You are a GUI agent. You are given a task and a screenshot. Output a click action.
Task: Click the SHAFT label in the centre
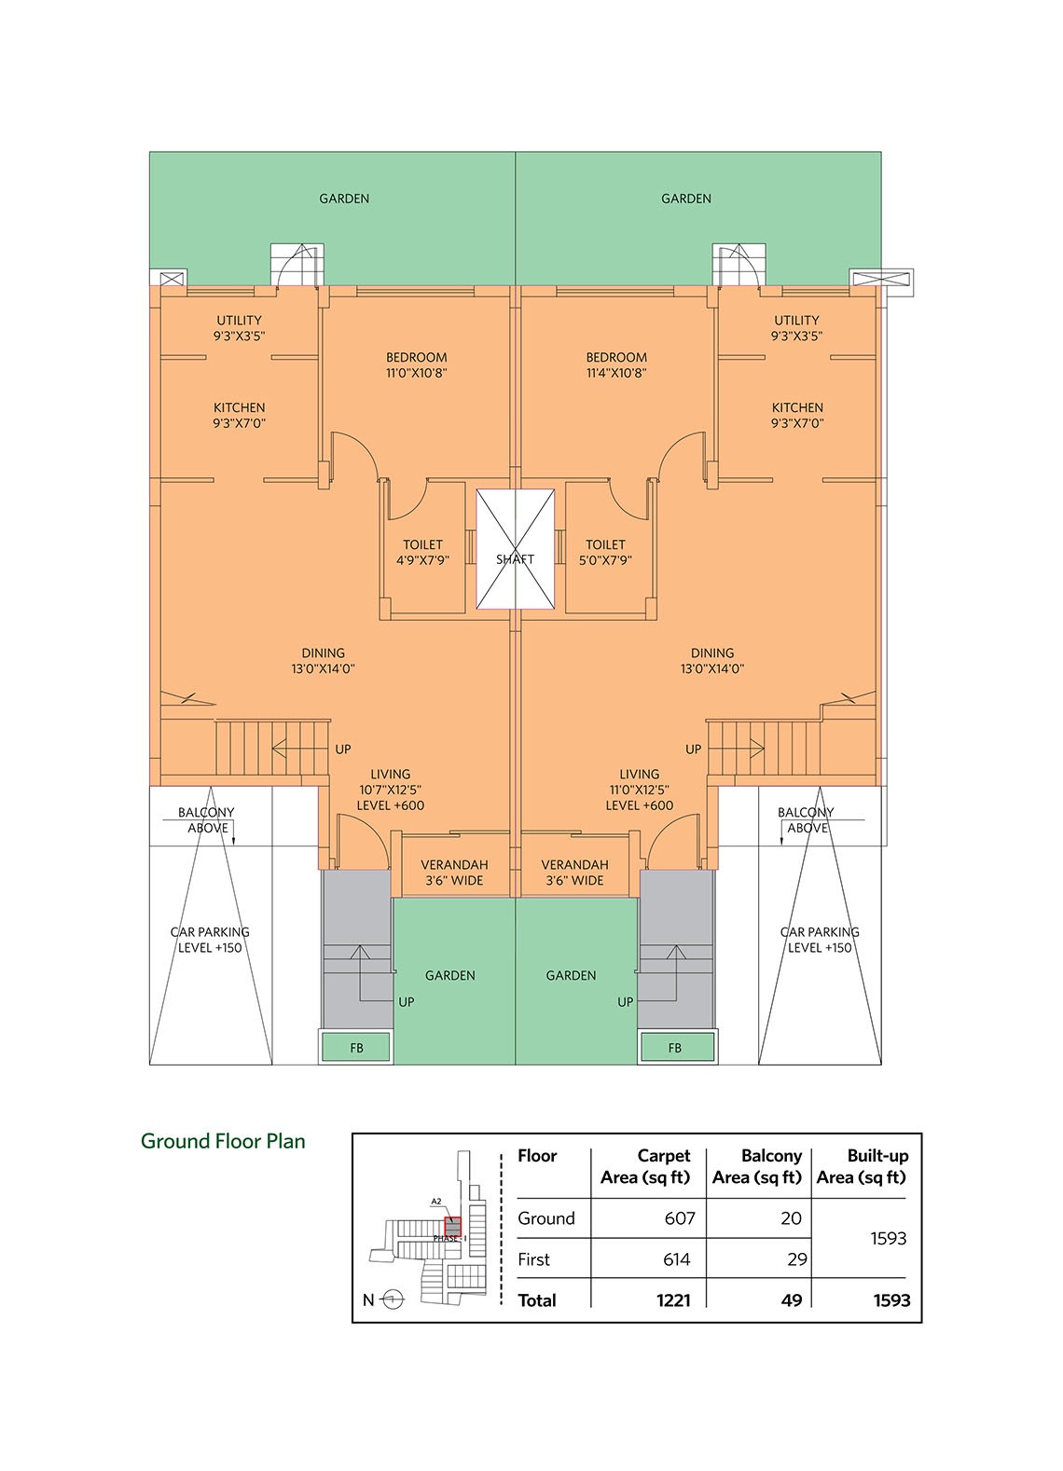(515, 559)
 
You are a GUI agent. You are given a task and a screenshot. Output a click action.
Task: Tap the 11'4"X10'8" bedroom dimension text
(616, 374)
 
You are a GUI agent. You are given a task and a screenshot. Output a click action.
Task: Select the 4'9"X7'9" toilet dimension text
(422, 561)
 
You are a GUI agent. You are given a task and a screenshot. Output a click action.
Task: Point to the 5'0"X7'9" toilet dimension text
(605, 561)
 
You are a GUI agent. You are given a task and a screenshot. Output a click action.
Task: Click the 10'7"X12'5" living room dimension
(391, 790)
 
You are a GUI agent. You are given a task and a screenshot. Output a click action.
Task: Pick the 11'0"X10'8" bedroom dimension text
(417, 374)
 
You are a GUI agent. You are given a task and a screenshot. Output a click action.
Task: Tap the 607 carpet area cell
(680, 1218)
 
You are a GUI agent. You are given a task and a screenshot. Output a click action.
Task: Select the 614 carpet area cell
(677, 1259)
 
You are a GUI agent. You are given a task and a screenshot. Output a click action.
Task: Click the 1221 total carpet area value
(673, 1300)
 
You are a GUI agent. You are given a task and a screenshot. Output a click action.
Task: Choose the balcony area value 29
(797, 1259)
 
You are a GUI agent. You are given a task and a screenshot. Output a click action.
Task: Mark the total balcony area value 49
(792, 1300)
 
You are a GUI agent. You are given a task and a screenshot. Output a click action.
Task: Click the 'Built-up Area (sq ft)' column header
(862, 1167)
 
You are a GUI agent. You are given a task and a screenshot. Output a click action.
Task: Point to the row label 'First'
(533, 1259)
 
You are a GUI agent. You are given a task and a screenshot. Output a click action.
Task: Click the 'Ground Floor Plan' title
(223, 1141)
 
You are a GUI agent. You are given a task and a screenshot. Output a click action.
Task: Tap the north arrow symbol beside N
(393, 1299)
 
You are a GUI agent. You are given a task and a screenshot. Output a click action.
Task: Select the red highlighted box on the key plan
(452, 1226)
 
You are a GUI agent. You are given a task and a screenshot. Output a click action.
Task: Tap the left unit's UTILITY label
(239, 321)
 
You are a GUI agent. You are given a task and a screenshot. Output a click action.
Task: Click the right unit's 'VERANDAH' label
(575, 865)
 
